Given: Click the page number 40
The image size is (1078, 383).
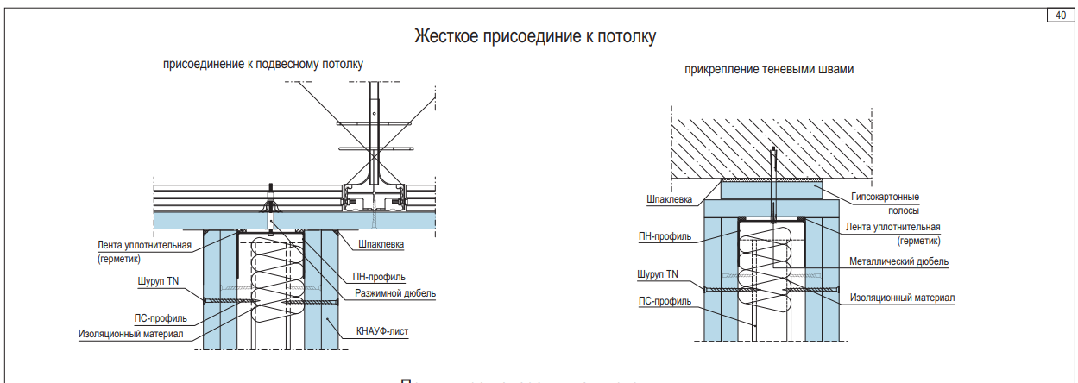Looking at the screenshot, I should coord(1059,15).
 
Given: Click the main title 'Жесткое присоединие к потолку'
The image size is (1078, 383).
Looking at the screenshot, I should coord(536,36).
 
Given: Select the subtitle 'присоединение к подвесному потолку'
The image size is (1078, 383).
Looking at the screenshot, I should coord(263,64).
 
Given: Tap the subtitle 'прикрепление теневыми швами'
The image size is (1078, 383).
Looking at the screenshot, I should coord(769,70).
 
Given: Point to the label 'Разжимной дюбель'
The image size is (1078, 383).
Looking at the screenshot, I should coord(395,294).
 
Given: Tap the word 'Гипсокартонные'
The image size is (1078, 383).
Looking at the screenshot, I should coord(884,197).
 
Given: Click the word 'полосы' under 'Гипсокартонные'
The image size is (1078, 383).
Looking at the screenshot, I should coord(903,210).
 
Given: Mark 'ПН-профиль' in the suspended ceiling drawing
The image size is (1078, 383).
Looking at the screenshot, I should coord(380,277).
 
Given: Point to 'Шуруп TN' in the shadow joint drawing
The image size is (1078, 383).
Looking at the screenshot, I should coord(658,274).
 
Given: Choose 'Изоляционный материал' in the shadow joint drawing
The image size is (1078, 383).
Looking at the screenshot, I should coord(902,298).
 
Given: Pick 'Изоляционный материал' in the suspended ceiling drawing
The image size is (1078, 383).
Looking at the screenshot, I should coord(130,334).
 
